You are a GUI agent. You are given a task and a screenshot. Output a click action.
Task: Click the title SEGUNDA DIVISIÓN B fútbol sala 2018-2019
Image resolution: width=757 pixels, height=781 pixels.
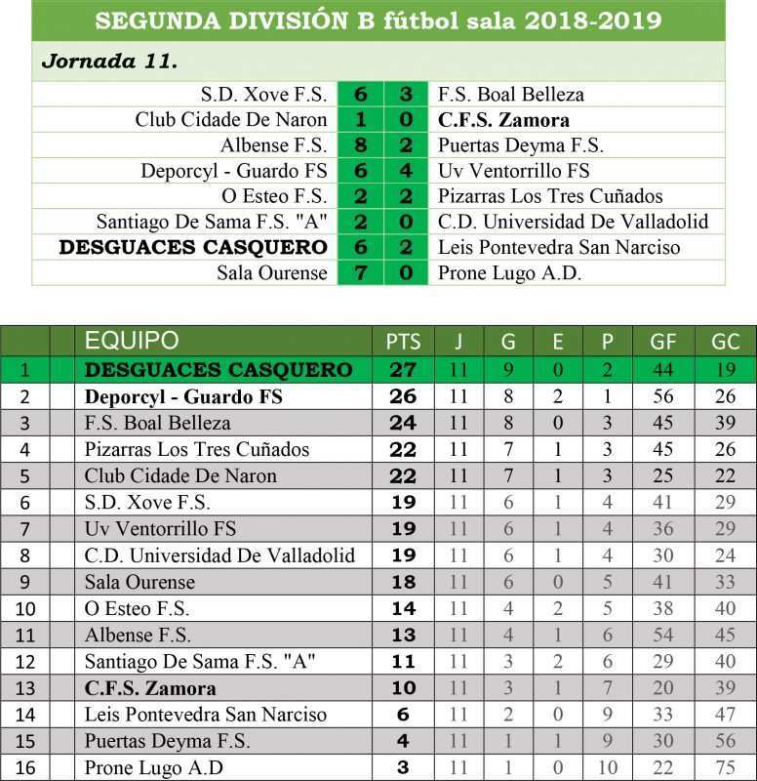378,21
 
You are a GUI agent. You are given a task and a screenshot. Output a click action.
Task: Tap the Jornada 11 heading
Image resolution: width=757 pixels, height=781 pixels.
109,61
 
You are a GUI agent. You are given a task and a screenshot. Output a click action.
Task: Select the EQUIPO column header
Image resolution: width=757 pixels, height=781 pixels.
132,341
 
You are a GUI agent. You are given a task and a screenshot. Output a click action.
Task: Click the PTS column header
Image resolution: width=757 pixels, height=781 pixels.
403,342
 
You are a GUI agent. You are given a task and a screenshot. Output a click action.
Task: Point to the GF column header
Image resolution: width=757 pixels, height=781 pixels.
668,342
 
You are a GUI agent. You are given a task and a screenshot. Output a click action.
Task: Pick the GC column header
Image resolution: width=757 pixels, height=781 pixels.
726,342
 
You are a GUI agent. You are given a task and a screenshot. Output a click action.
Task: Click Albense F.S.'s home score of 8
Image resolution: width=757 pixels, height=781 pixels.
361,145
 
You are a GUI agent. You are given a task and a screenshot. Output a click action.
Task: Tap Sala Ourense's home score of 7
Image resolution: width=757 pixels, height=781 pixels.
361,272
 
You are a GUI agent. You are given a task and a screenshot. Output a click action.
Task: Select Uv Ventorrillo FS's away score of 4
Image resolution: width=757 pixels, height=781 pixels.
406,171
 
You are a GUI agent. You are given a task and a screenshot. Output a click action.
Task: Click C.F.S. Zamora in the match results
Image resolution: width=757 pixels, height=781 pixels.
503,120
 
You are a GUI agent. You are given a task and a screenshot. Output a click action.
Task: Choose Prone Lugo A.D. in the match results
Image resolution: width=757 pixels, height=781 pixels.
509,272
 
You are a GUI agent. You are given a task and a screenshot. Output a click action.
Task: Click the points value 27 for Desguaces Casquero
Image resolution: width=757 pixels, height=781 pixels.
403,370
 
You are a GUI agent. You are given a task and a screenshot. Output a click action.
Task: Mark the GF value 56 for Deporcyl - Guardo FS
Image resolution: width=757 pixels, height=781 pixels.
668,397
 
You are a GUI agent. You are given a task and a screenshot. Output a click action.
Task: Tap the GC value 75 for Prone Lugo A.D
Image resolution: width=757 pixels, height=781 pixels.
726,767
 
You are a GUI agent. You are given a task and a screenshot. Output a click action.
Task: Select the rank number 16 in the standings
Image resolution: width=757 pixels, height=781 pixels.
25,767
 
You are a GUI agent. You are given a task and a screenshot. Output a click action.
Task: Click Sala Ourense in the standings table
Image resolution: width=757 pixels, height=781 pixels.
139,582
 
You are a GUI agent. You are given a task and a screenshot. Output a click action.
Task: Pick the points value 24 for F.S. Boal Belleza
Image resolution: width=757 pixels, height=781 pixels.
403,424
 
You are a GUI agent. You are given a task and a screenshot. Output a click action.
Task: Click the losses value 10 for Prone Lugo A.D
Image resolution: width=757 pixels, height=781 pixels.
607,767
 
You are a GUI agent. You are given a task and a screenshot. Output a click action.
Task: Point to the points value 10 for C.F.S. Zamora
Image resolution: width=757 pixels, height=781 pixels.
403,688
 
